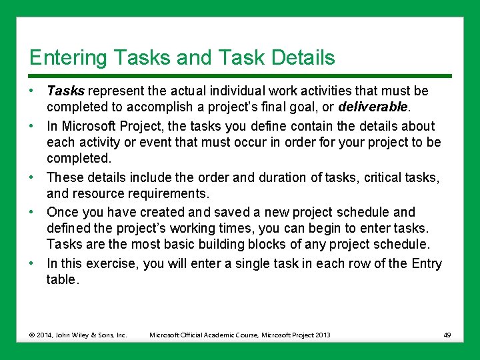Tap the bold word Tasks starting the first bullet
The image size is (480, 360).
(65, 91)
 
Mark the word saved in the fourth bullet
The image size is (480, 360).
(225, 212)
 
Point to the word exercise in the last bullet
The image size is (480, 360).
(113, 263)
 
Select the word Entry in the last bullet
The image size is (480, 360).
(426, 263)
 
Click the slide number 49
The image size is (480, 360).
(447, 335)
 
